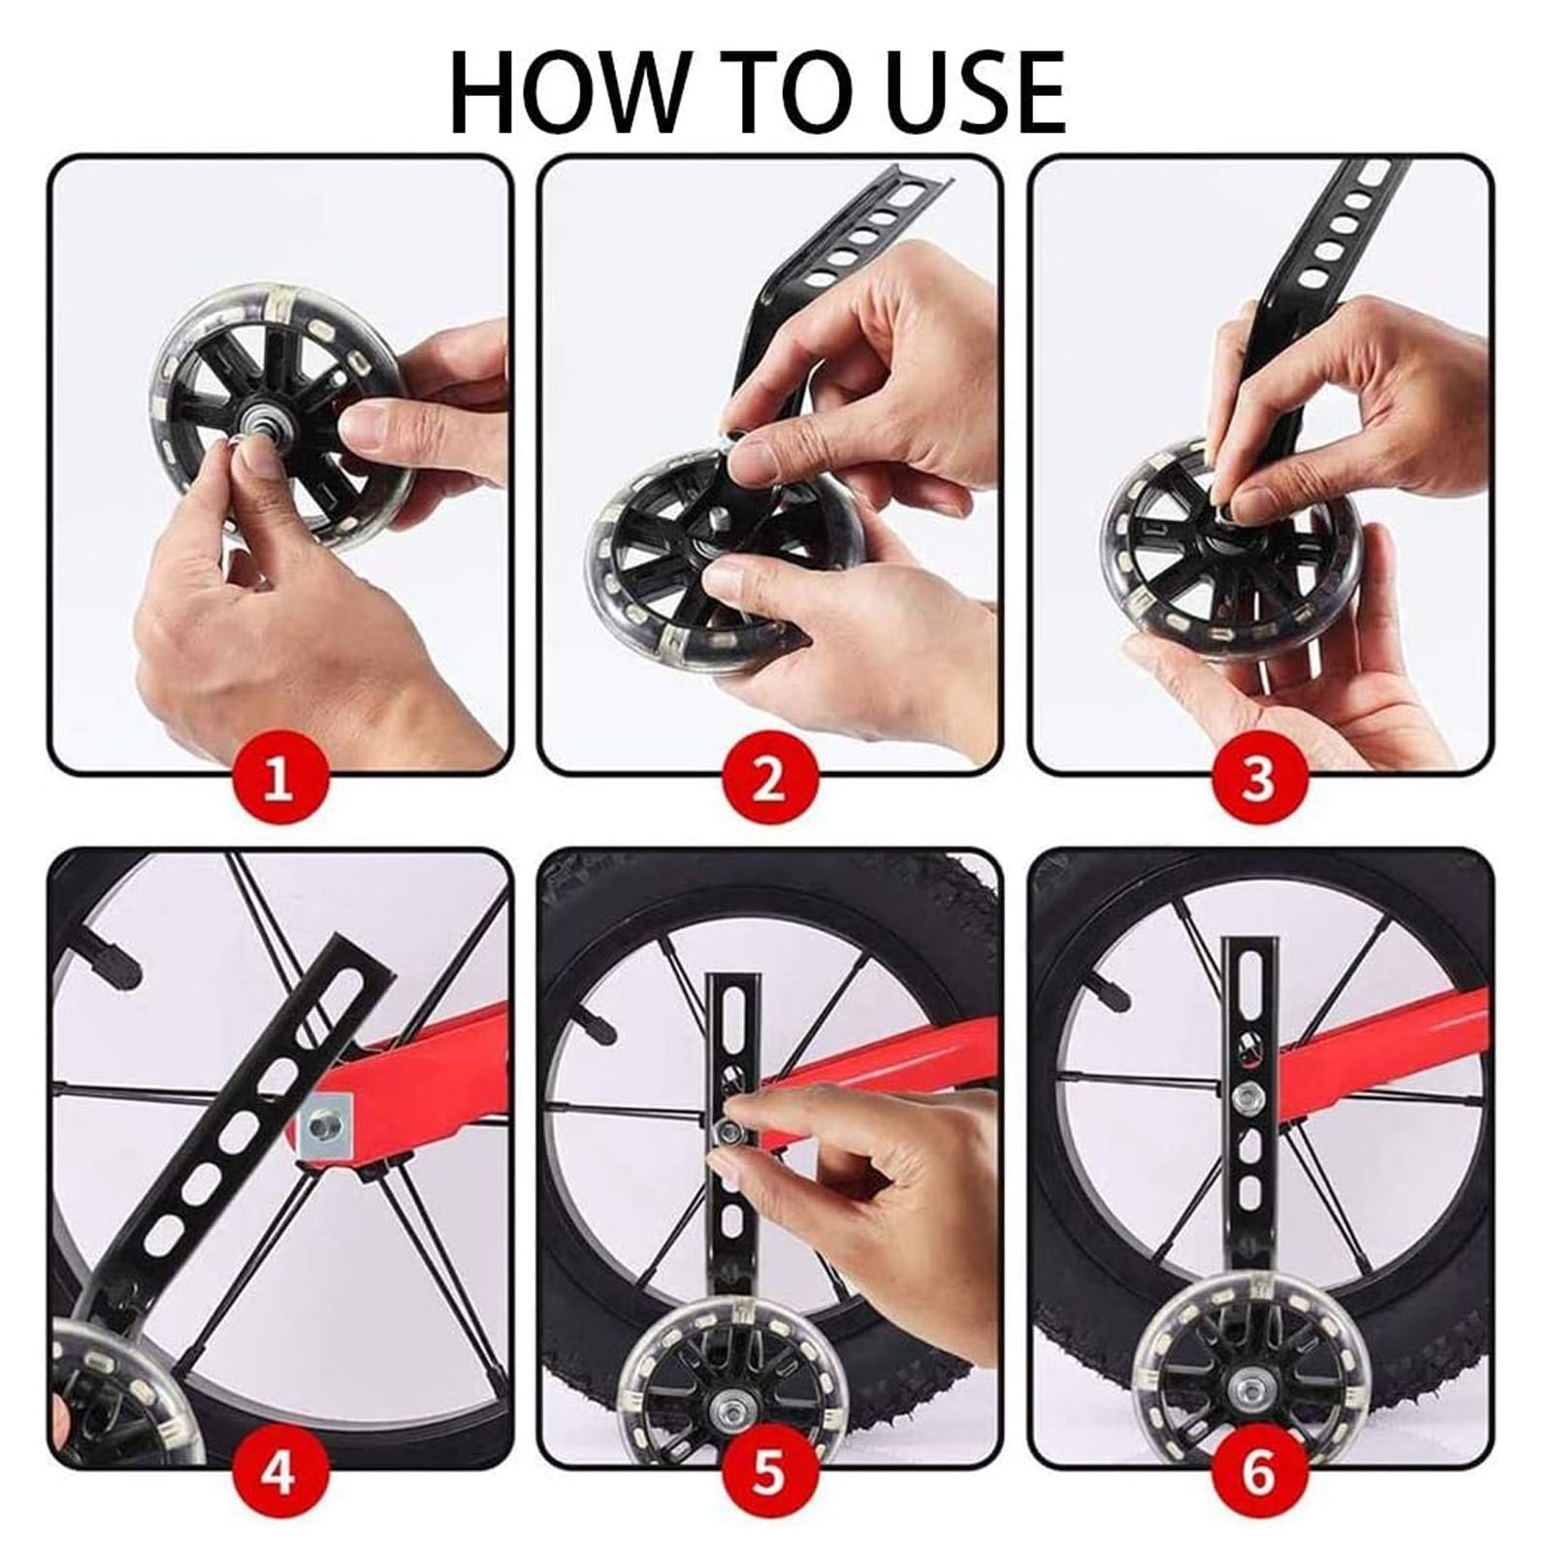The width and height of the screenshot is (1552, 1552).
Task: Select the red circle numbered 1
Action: pos(278,779)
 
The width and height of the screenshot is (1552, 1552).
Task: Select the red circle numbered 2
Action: pos(769,779)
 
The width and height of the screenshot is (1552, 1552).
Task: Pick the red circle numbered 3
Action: pos(1258,779)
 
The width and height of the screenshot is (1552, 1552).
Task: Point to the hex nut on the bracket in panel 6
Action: pos(1243,1097)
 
